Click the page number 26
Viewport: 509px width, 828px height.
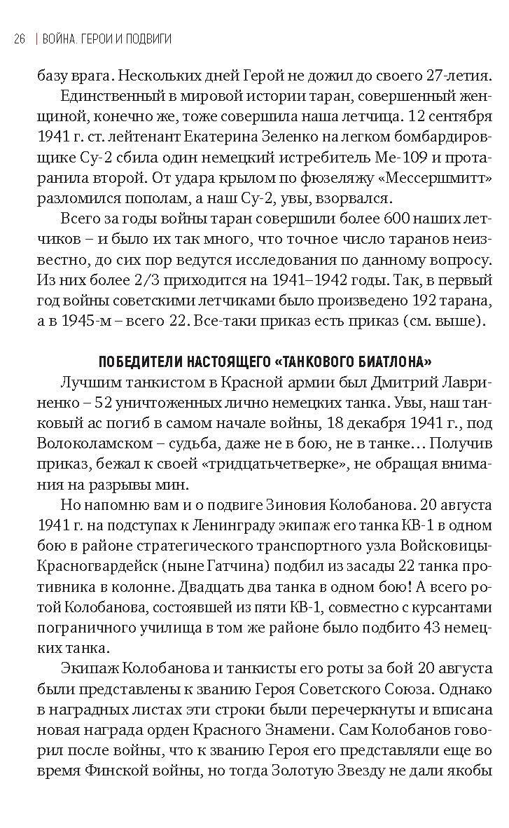[x=20, y=39]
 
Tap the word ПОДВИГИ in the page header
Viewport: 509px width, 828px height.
[x=147, y=39]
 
